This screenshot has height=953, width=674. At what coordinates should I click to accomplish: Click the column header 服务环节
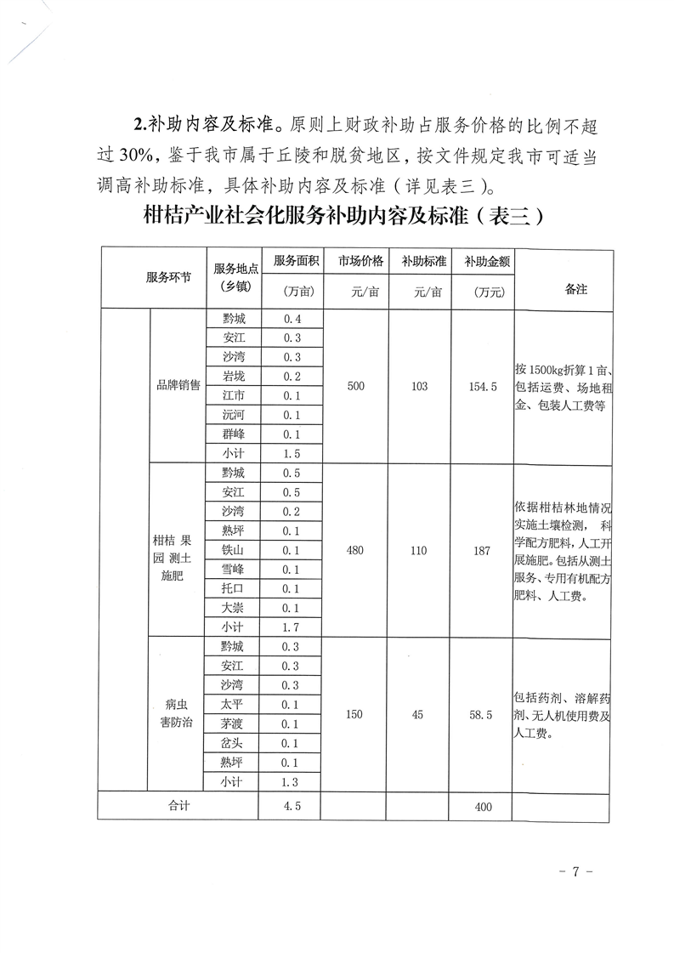tap(168, 278)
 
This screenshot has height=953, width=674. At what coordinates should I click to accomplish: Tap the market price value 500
tap(355, 387)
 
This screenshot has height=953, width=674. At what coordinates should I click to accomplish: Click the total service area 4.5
tap(292, 805)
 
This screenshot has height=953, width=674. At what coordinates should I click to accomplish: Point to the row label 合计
tap(178, 805)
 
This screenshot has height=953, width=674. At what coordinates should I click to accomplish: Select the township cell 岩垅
tap(232, 377)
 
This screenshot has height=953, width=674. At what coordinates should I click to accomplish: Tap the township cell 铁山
tap(232, 550)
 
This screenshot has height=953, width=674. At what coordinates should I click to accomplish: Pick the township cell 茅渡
tap(232, 723)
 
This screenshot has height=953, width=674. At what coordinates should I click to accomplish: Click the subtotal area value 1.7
tap(292, 627)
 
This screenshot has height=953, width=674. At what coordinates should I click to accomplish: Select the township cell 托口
tap(232, 588)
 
